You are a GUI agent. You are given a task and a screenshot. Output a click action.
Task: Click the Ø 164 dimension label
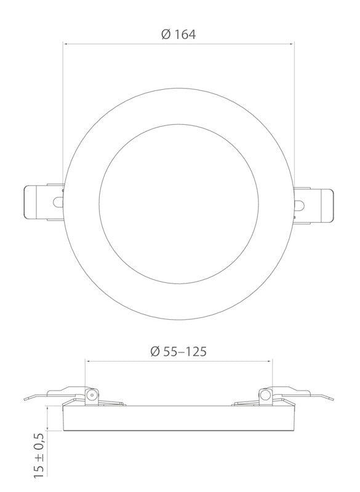(x=178, y=35)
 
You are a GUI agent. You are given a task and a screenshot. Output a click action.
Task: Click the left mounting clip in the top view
(x=42, y=202)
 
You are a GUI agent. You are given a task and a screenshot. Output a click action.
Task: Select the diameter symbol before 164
(x=165, y=35)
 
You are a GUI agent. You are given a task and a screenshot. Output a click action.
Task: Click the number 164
(x=185, y=35)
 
